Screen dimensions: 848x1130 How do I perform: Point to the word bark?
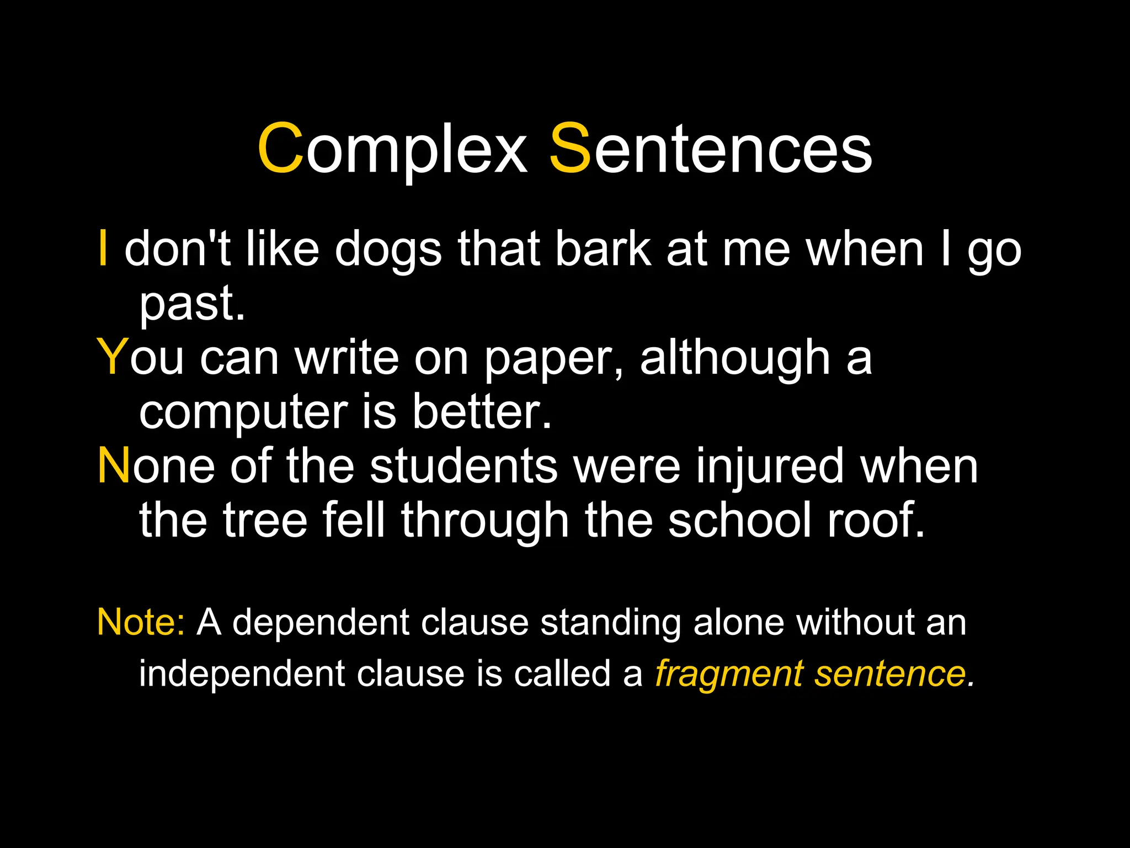[x=603, y=250]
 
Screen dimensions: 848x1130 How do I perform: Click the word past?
[x=191, y=305]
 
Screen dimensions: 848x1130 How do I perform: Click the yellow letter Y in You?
[x=113, y=358]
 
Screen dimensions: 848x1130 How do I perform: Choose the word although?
[x=735, y=359]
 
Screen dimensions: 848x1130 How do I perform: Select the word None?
[x=156, y=467]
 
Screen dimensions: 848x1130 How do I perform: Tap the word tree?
[x=265, y=521]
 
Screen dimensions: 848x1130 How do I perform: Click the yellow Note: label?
[x=141, y=623]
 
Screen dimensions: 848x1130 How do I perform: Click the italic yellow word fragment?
[x=728, y=675]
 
